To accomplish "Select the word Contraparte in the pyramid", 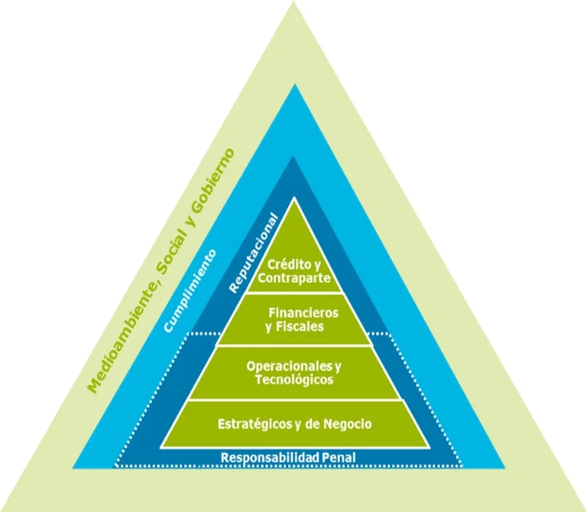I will [x=294, y=277].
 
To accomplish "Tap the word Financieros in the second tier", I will [x=303, y=313].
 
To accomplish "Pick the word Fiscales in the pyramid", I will [x=301, y=326].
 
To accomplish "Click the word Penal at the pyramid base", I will [x=338, y=458].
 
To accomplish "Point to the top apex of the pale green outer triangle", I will [x=294, y=3].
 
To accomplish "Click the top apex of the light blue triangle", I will [x=294, y=86].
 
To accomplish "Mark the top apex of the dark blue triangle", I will [x=294, y=157].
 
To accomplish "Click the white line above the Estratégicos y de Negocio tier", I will [x=294, y=400].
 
